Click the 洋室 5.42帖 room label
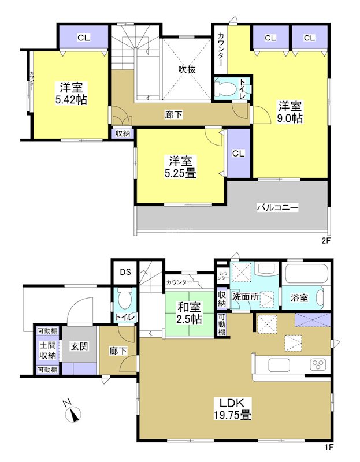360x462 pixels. (72, 94)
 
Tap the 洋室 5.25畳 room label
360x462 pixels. (181, 166)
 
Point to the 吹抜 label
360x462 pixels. (187, 69)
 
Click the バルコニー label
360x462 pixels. (277, 207)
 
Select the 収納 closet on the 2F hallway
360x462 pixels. (123, 133)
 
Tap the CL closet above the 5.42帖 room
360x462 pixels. (83, 38)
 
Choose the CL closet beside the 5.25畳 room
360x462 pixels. (239, 154)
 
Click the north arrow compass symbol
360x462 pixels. (73, 414)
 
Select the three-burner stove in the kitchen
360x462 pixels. (318, 364)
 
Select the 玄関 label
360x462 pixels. (79, 346)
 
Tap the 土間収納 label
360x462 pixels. (47, 351)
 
